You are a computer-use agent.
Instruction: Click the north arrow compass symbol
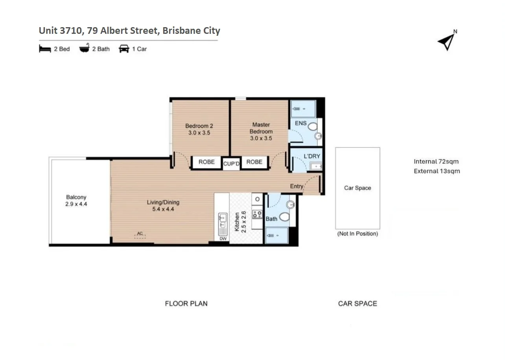[447, 41]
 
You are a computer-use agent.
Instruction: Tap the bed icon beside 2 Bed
[45, 49]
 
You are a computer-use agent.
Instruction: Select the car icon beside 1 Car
[124, 49]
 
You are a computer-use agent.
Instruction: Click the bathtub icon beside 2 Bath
[84, 49]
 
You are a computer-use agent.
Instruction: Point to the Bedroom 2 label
[199, 129]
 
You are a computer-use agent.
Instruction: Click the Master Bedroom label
[261, 131]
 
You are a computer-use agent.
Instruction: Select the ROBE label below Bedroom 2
[206, 162]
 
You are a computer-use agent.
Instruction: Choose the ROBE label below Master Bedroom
[254, 162]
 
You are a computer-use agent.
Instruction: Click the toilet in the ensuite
[313, 127]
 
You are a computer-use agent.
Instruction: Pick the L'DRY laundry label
[312, 156]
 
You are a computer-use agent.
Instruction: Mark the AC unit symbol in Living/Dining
[140, 235]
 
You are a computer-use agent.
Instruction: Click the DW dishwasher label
[223, 238]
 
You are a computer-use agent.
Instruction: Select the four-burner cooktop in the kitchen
[257, 214]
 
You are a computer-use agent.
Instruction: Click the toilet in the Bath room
[284, 217]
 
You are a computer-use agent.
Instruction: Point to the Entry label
[297, 186]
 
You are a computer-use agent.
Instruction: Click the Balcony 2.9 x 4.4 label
[76, 201]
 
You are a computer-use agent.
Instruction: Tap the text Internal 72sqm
[436, 161]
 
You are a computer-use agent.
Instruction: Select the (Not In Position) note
[358, 234]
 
